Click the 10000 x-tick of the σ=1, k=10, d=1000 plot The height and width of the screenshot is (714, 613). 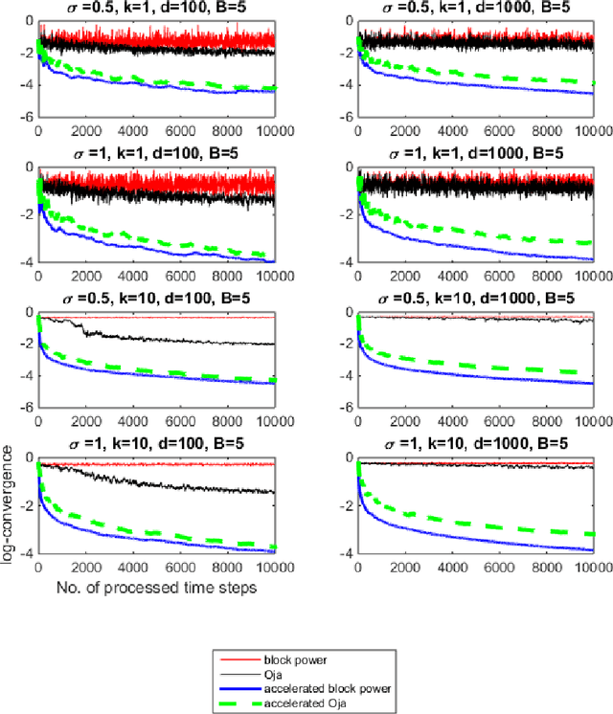(x=593, y=567)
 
